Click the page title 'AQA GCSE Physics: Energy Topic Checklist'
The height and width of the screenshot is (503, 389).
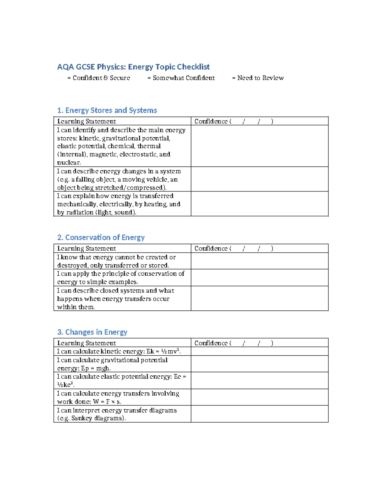(133, 67)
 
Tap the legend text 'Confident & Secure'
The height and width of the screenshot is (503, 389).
(101, 78)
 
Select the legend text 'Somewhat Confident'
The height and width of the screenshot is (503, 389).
(183, 78)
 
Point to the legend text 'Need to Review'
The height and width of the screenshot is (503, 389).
(260, 78)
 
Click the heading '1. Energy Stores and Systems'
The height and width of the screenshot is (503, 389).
(107, 110)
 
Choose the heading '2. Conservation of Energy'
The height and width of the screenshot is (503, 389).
(101, 237)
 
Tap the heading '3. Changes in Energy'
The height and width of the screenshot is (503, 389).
(92, 332)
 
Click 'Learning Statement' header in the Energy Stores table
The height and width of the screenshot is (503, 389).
(87, 121)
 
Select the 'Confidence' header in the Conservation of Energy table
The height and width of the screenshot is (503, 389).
(211, 248)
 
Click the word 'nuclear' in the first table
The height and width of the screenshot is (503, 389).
(68, 163)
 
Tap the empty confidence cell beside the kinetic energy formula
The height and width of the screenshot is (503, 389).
(259, 351)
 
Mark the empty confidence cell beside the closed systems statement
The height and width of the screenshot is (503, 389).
(259, 298)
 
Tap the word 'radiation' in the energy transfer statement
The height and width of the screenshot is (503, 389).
(80, 212)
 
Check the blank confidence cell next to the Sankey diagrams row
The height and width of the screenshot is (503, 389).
(259, 414)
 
